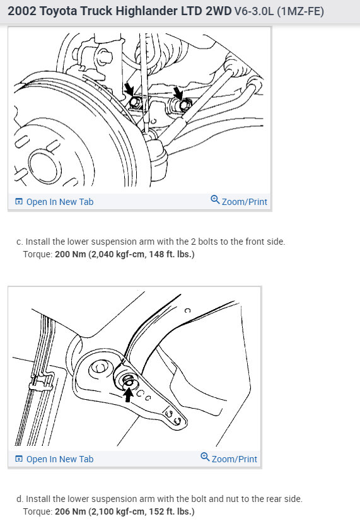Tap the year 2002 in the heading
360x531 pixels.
pyautogui.click(x=21, y=11)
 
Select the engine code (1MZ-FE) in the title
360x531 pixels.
pyautogui.click(x=300, y=11)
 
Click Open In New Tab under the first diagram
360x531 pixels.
pyautogui.click(x=60, y=202)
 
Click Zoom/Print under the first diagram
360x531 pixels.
pyautogui.click(x=244, y=202)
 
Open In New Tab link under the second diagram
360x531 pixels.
pyautogui.click(x=60, y=459)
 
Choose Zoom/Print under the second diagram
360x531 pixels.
pyautogui.click(x=234, y=459)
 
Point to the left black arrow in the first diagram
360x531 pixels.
pyautogui.click(x=129, y=90)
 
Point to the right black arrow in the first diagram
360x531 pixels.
pyautogui.click(x=178, y=93)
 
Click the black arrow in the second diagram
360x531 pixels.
pyautogui.click(x=128, y=395)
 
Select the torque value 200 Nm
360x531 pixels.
pyautogui.click(x=71, y=254)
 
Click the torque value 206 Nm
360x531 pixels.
pyautogui.click(x=71, y=511)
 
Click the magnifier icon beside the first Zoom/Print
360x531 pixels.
pyautogui.click(x=215, y=199)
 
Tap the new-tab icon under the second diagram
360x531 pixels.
pyautogui.click(x=19, y=459)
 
